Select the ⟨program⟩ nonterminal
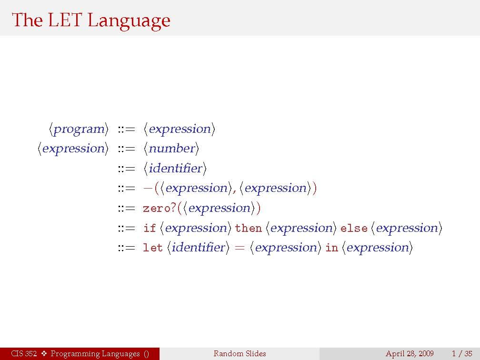click(x=79, y=129)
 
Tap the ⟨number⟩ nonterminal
click(x=171, y=149)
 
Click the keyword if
click(x=150, y=228)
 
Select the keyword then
click(x=248, y=228)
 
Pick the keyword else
click(x=354, y=228)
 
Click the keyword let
click(x=152, y=247)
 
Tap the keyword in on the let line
click(x=331, y=248)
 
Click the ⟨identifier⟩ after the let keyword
click(x=198, y=247)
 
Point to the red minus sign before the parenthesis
click(x=148, y=188)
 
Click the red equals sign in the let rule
click(x=240, y=248)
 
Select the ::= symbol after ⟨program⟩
click(x=127, y=129)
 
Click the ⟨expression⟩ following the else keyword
click(x=407, y=229)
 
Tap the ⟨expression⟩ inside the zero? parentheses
click(x=219, y=208)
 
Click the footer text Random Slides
click(x=240, y=353)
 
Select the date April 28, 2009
click(x=410, y=354)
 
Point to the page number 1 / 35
click(x=462, y=354)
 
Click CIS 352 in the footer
click(x=24, y=353)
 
